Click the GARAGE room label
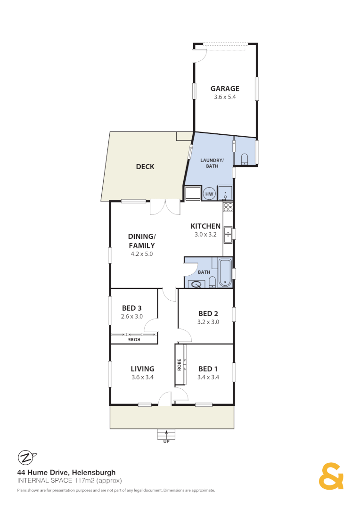pos(225,89)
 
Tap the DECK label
pos(145,166)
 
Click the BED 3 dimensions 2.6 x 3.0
pos(132,317)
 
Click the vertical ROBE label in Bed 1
pos(180,366)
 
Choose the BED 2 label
pos(208,314)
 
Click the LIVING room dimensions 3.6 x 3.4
pos(142,377)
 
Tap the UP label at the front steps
pos(166,442)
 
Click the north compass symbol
pos(26,457)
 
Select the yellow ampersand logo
pos(331,476)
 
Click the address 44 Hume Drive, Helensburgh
pos(66,472)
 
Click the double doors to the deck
pos(165,207)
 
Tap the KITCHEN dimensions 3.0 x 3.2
pos(205,234)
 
